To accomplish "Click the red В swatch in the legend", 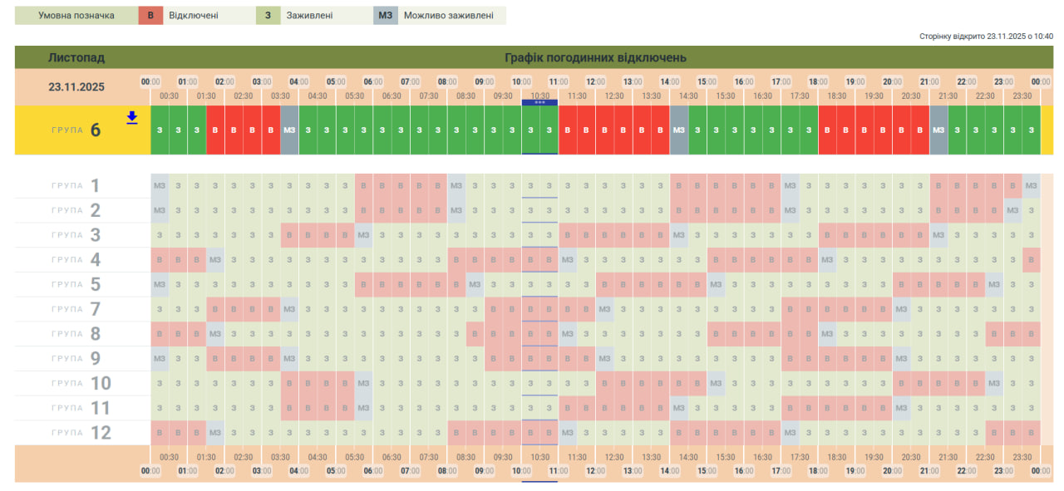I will point(150,16).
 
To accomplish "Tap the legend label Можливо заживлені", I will point(448,16).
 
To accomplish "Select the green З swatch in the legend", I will point(268,16).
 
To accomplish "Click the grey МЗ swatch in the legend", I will point(386,16).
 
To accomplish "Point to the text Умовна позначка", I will point(76,16).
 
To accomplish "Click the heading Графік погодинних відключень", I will point(595,58).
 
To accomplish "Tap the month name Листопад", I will point(76,58).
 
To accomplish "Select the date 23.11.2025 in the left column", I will point(76,86).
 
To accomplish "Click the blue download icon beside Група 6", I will point(131,118).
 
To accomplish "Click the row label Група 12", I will point(81,433).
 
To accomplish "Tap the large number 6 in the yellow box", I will point(96,130).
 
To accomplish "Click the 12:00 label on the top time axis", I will point(595,82).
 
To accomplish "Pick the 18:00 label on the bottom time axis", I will point(818,471).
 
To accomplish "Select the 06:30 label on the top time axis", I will point(392,96).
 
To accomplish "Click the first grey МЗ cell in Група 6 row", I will point(289,130).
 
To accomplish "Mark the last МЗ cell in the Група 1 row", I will point(1032,185).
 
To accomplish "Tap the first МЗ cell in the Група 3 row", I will point(363,235).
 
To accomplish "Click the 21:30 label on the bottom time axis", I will point(948,457).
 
